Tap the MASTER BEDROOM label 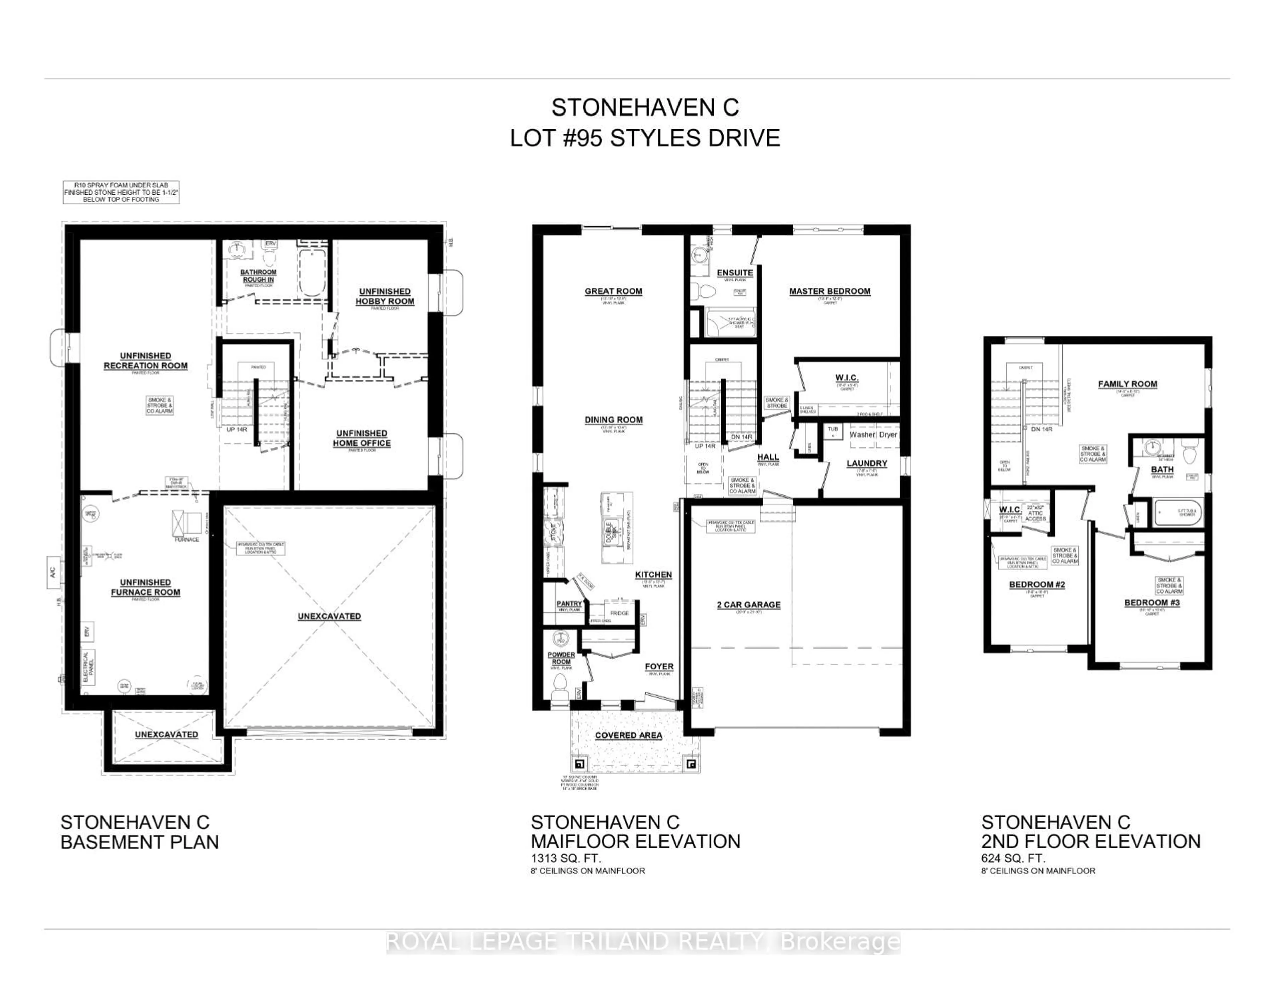click(830, 291)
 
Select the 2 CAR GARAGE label click(748, 604)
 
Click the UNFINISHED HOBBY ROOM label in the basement click(384, 296)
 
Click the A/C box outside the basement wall click(52, 572)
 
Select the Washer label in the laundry click(862, 434)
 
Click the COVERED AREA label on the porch click(628, 735)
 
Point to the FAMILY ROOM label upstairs click(1127, 384)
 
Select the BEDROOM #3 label click(1152, 603)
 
